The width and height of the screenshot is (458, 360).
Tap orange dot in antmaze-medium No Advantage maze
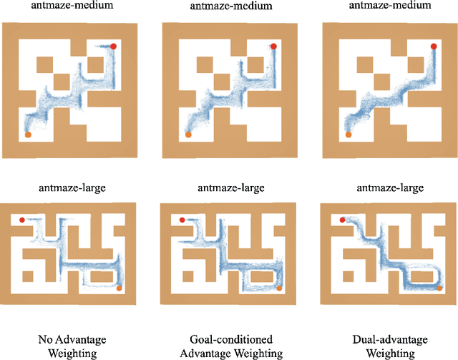28,134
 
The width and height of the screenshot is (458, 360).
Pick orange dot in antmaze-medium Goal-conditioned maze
188,134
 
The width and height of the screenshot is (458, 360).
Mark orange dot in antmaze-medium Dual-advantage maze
349,134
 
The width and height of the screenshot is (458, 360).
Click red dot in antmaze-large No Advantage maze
22,220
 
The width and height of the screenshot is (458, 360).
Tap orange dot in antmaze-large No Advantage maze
119,288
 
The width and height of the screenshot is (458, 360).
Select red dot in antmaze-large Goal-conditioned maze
182,220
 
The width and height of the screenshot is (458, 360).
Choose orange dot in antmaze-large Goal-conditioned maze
278,288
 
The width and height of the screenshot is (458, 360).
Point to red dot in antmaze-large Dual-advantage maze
343,220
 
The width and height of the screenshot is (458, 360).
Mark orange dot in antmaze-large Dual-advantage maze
439,288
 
